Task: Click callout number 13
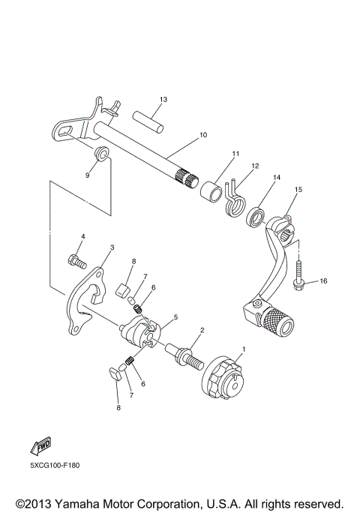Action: coord(163,100)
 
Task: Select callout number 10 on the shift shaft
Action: coord(181,136)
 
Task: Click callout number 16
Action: coord(324,281)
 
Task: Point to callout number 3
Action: coord(112,247)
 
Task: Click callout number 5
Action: coord(176,318)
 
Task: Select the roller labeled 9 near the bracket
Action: coord(101,156)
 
